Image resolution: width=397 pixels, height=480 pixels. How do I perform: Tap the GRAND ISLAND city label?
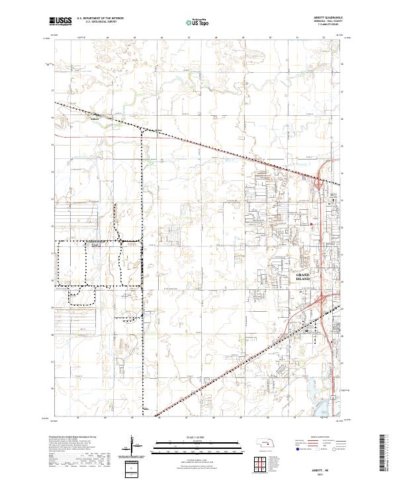(302, 277)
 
